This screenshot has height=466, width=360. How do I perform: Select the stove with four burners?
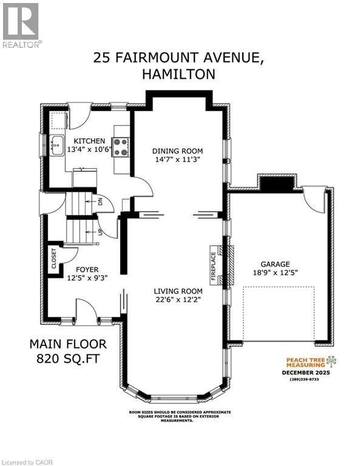click(x=121, y=146)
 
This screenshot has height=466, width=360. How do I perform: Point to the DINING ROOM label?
click(x=177, y=150)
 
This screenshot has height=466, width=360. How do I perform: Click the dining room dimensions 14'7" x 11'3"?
click(x=177, y=160)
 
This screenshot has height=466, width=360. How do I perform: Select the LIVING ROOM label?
click(x=177, y=290)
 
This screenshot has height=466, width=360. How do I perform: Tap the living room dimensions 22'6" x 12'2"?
click(x=177, y=299)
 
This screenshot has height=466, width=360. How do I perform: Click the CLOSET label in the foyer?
click(x=54, y=258)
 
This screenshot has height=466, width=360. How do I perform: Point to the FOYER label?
click(x=87, y=269)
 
